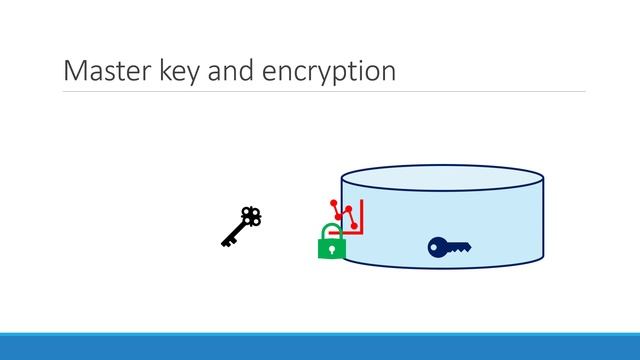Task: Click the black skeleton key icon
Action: click(241, 226)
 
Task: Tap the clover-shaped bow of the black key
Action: click(252, 215)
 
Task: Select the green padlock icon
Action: click(331, 243)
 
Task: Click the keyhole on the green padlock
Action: click(331, 248)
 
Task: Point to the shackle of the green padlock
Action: click(331, 232)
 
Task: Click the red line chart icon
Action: click(347, 214)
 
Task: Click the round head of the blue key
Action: click(437, 246)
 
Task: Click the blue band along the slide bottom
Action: click(320, 346)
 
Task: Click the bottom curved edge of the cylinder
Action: click(442, 268)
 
